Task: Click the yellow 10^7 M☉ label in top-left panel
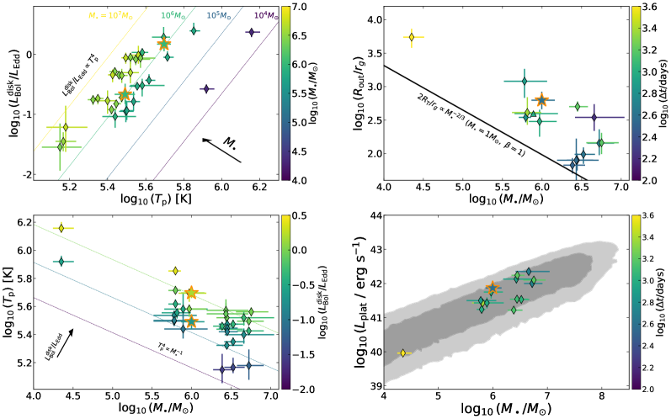110,15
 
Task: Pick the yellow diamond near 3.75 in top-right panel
411,37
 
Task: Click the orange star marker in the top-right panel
541,100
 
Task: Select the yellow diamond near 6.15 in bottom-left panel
61,228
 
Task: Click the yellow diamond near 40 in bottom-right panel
402,353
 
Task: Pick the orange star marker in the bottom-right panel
493,289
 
